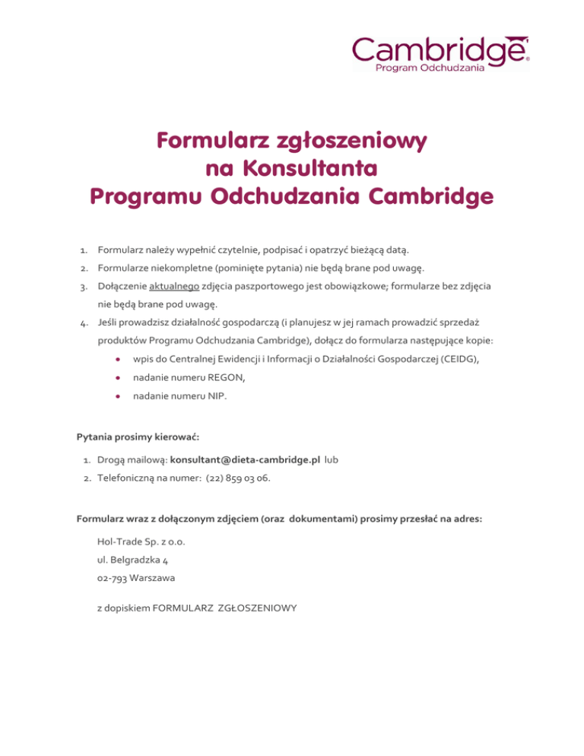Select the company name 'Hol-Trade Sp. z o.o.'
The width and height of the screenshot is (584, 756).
141,542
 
